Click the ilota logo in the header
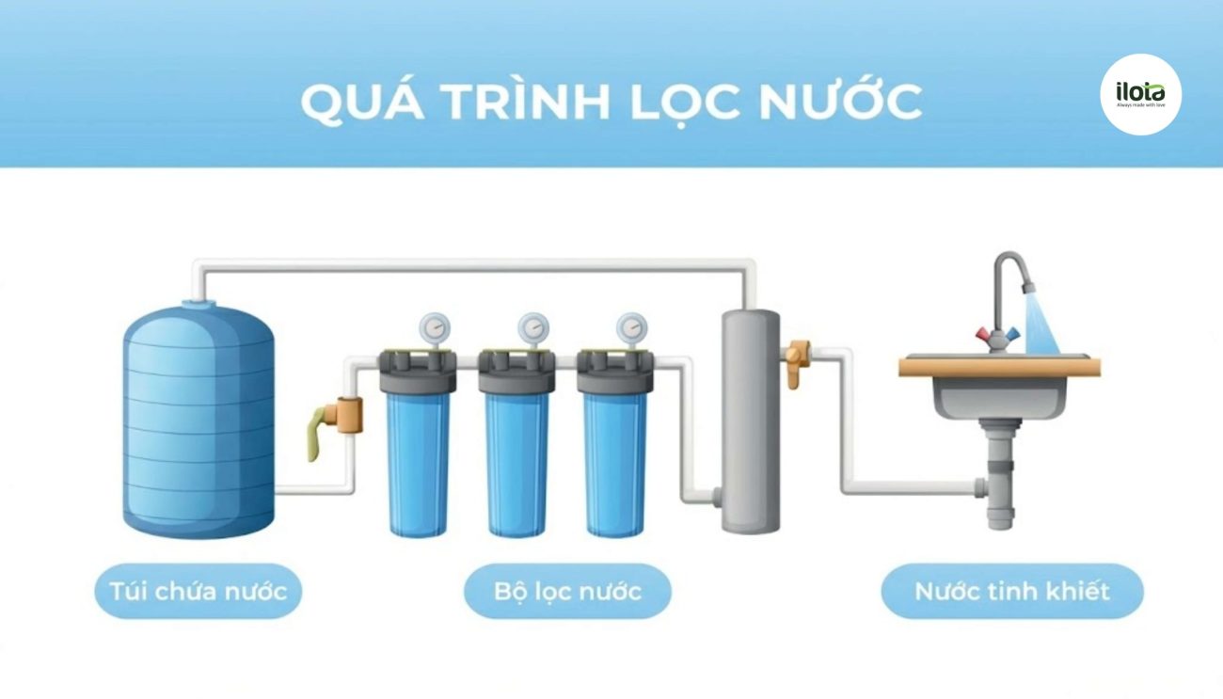1140,94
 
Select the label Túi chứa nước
199,592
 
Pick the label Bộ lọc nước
568,592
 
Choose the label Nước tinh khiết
1012,592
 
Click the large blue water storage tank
199,420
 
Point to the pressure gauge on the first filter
435,328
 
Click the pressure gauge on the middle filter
533,328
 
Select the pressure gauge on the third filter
632,328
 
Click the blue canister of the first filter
419,464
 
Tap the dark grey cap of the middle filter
516,372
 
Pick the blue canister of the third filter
615,464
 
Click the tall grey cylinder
751,421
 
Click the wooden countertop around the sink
1000,367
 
